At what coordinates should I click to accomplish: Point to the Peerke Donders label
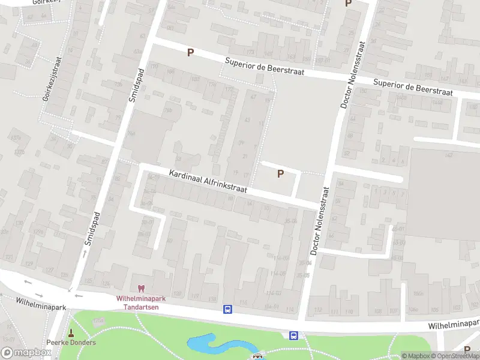point(71,343)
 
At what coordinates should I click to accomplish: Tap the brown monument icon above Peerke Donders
point(71,332)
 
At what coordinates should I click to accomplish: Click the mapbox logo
point(26,353)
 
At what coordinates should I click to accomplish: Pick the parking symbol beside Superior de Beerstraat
point(191,52)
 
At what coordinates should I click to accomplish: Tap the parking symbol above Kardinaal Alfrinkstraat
point(280,174)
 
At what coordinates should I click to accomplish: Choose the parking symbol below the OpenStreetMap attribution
point(467,349)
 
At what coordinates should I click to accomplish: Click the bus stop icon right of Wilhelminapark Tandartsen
point(228,310)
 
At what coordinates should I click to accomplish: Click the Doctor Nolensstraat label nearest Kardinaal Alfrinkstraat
point(322,218)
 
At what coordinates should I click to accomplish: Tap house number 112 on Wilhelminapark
point(318,311)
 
